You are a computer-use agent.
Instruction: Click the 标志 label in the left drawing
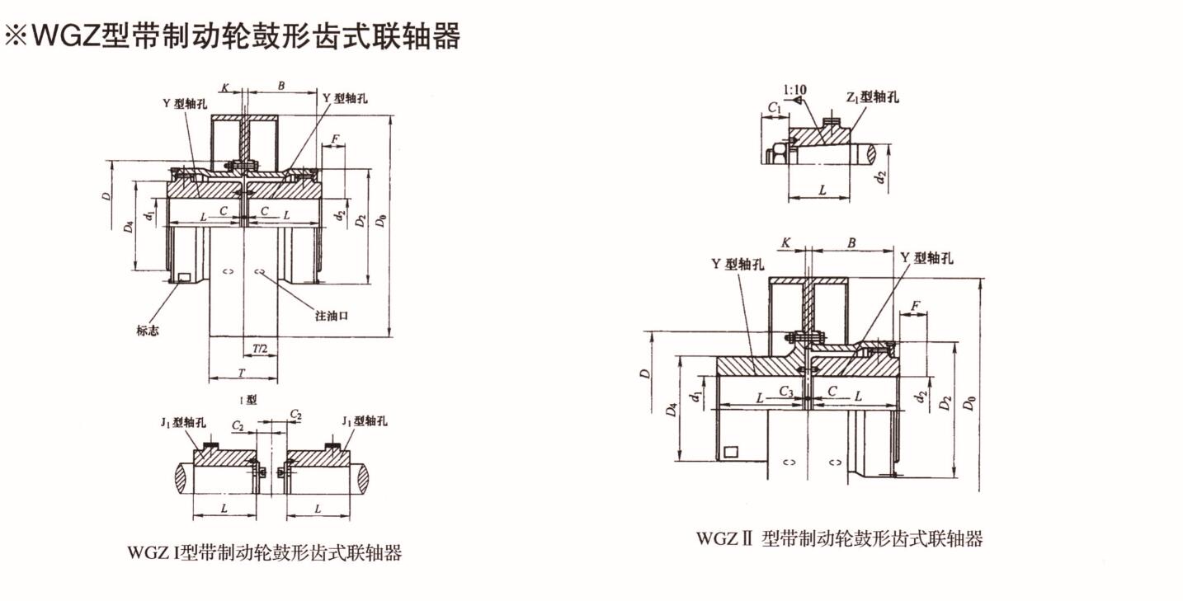tap(148, 331)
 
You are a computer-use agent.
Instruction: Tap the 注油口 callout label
tap(332, 316)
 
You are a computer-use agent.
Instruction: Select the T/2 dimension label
tap(260, 348)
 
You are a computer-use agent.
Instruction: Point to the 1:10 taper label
tap(794, 88)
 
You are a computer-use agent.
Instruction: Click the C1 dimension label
tap(774, 107)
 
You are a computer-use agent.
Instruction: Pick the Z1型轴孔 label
tap(873, 97)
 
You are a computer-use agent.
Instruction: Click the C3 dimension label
tap(787, 391)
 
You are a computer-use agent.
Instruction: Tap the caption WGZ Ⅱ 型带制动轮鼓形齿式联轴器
tap(840, 539)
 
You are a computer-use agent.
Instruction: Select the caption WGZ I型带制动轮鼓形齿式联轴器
tap(265, 552)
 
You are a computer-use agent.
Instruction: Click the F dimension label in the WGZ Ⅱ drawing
tap(914, 306)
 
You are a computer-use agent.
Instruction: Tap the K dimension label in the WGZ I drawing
tap(225, 87)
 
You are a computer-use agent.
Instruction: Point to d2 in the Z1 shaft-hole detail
tap(881, 176)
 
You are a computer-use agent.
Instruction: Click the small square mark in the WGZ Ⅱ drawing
tap(730, 452)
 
